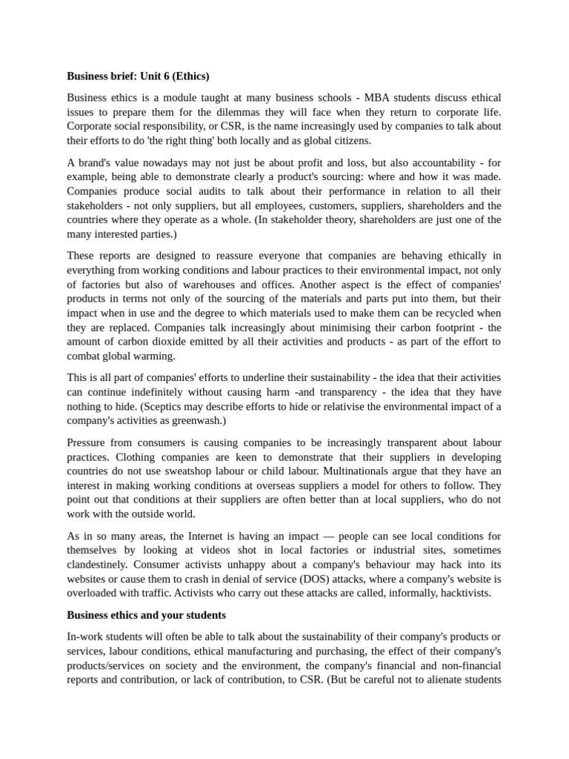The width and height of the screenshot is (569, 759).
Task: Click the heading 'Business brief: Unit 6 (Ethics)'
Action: tap(138, 76)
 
